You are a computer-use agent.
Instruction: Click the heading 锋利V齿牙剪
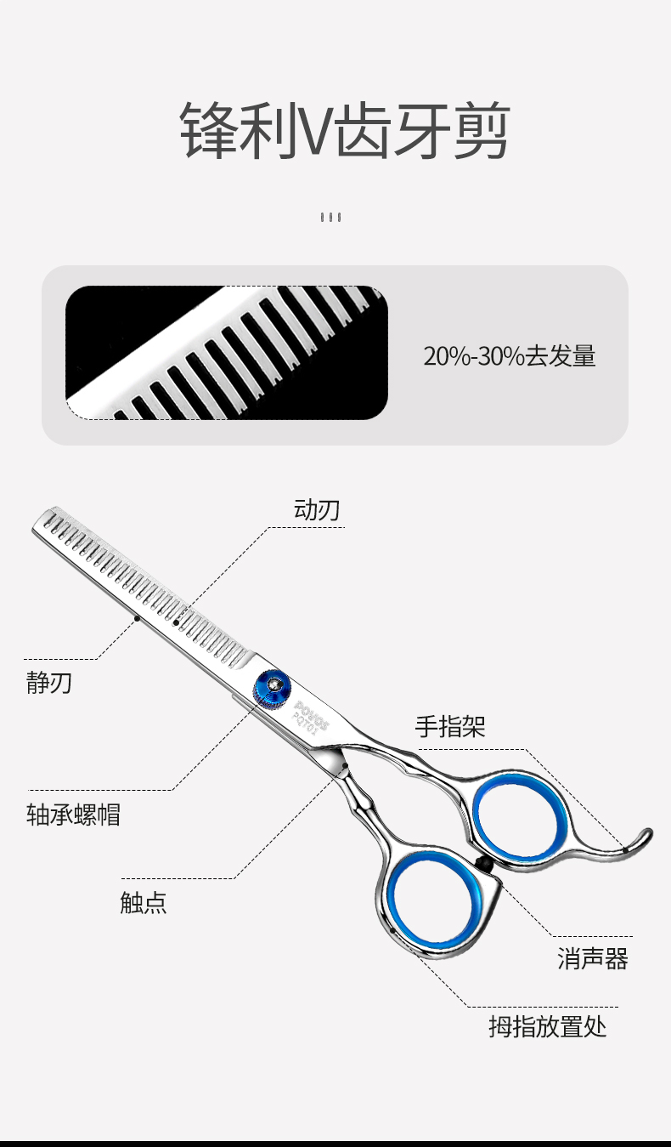345,130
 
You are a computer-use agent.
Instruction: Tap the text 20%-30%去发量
510,356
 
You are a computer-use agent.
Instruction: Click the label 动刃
317,510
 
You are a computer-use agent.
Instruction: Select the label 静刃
49,683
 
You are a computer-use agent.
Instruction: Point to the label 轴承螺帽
73,815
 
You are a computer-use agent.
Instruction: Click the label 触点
144,902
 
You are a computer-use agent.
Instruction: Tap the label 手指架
450,726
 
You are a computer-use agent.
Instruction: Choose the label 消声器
593,958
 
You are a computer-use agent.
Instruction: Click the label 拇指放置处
548,1026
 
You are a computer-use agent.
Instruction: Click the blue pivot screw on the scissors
272,690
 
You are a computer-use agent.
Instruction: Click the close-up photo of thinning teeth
227,353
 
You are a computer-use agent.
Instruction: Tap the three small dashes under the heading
331,217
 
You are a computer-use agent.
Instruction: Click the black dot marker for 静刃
137,618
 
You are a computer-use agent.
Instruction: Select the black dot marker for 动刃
176,622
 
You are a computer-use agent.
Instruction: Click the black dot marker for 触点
345,766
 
